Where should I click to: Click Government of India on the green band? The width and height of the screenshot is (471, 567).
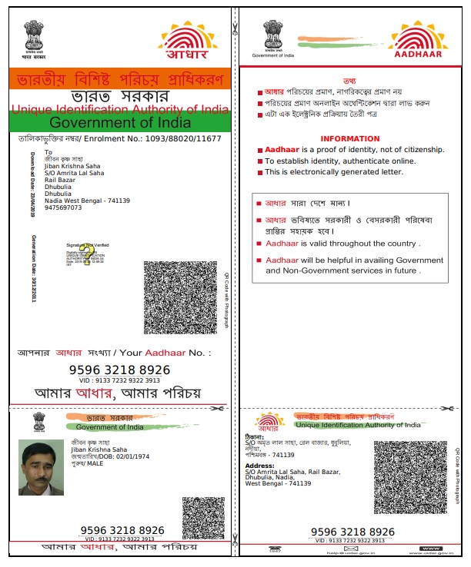point(119,123)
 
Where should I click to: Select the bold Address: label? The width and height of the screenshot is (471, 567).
point(259,465)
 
